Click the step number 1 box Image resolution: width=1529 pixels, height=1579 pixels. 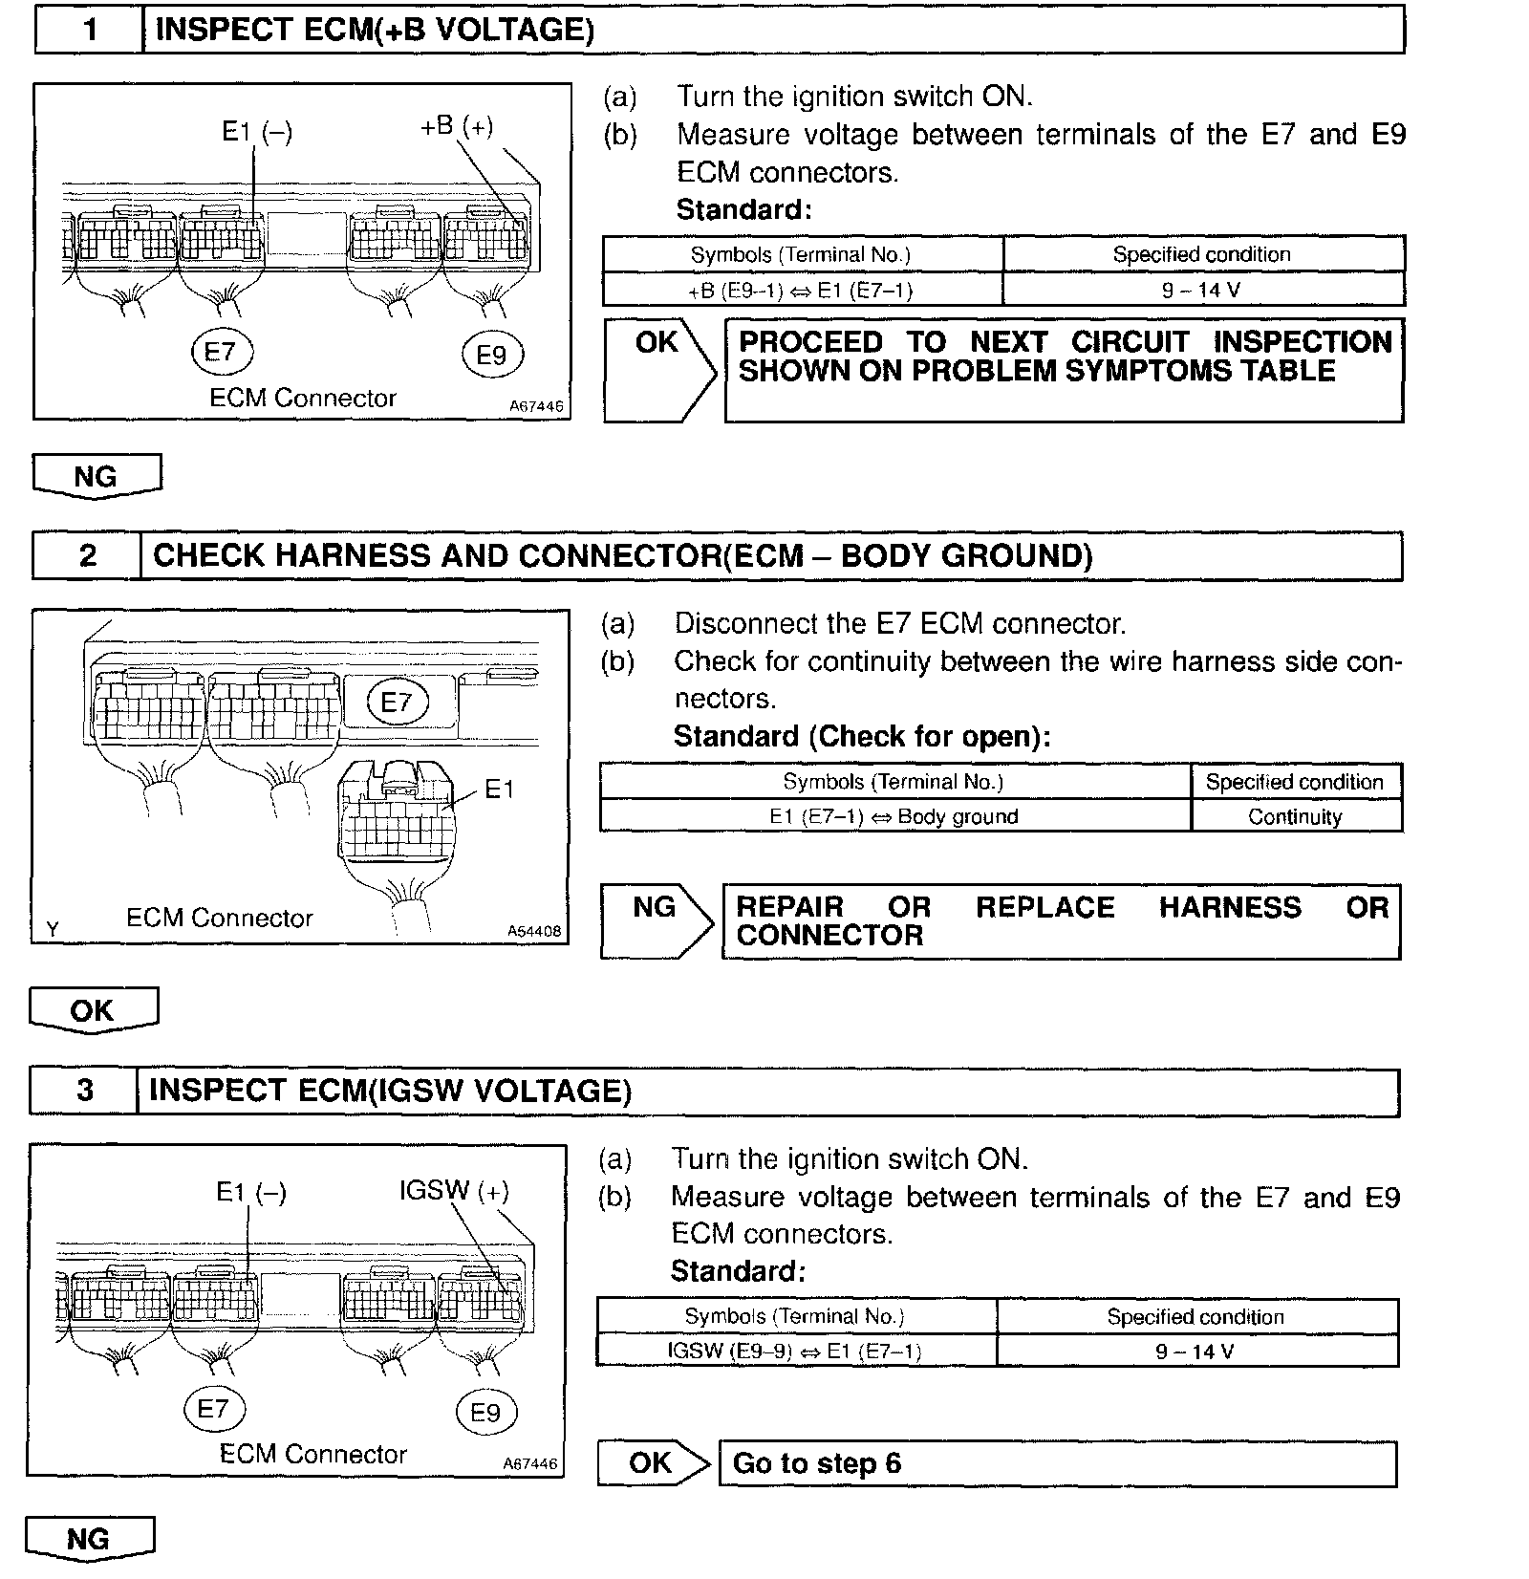click(89, 30)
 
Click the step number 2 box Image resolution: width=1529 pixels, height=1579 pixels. click(87, 556)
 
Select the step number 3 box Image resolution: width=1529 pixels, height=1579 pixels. click(84, 1091)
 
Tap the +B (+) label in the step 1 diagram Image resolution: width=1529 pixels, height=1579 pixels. click(457, 125)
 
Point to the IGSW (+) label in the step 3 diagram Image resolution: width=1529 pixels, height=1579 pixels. click(454, 1191)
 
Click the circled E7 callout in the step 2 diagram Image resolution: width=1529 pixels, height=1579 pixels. click(397, 703)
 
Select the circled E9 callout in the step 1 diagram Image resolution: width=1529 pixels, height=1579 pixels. click(491, 356)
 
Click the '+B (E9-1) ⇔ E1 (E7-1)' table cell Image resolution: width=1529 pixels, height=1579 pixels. click(803, 290)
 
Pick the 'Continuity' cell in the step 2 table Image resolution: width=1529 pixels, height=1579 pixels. click(1295, 816)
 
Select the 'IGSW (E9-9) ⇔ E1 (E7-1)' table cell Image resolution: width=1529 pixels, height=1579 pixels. click(795, 1351)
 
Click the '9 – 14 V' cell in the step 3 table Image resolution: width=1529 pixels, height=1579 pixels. click(1195, 1351)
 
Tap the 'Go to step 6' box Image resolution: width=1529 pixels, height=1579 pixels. click(1056, 1463)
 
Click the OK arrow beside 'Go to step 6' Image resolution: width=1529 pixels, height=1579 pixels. click(654, 1463)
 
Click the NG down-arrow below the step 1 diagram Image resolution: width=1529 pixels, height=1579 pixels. click(97, 476)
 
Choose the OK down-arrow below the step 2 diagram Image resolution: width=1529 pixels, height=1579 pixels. click(93, 1011)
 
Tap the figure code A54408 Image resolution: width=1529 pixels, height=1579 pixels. click(533, 931)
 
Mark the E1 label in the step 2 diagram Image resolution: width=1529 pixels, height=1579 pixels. click(499, 789)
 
